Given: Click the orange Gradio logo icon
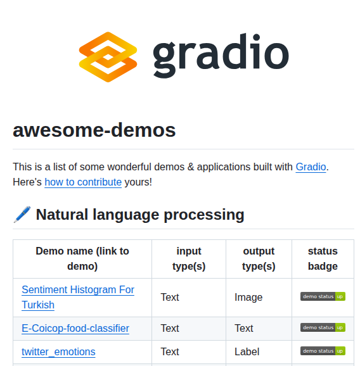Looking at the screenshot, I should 108,57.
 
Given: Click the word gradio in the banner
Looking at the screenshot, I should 221,56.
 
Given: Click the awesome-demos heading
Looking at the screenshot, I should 94,130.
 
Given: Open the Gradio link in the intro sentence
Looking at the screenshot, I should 311,167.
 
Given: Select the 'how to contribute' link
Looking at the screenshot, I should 83,182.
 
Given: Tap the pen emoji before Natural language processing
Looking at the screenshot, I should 22,215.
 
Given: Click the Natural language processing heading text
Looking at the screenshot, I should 140,215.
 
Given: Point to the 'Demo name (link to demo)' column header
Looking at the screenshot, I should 82,258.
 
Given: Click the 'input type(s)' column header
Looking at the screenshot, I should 189,258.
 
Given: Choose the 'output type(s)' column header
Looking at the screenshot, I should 259,258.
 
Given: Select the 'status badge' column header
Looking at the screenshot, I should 323,258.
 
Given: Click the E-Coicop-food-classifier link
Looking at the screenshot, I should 75,328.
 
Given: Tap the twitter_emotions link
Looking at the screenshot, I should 58,351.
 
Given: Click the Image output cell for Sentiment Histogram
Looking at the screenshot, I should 248,297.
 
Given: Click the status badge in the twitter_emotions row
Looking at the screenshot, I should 323,351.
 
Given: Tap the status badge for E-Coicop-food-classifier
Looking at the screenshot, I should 323,327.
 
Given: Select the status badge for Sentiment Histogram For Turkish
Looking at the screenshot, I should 323,296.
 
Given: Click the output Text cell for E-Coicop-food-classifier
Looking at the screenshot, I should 244,328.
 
